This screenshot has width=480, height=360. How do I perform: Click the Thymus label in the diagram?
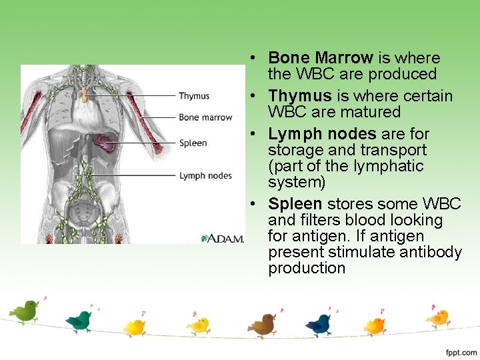click(194, 96)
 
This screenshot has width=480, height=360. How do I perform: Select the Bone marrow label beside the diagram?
click(205, 117)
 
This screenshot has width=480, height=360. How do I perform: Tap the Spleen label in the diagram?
click(193, 143)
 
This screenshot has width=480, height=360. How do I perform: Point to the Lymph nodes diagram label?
click(205, 176)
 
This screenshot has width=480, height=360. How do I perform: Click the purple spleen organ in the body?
click(105, 141)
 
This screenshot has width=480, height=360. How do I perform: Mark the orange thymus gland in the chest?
click(85, 94)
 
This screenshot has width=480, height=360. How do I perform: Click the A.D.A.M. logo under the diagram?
click(223, 238)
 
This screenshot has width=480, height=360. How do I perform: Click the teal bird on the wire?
click(79, 321)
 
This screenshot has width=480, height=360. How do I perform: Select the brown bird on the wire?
click(263, 324)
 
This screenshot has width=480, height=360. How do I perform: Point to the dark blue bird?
click(319, 323)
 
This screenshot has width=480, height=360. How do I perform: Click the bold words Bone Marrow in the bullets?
click(320, 58)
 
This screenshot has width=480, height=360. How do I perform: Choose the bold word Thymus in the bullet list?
click(299, 96)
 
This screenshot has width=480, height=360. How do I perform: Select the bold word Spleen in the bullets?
click(295, 204)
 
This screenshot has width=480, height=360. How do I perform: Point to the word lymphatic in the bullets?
click(390, 166)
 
